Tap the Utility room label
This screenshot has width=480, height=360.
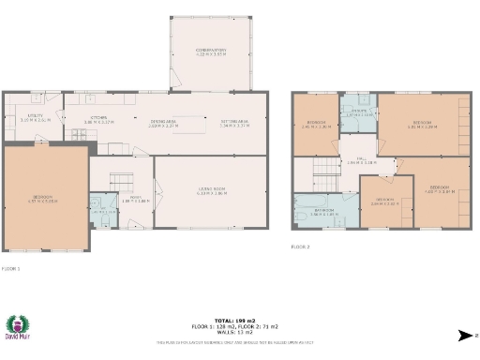point(35,118)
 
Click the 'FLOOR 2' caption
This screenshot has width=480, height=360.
point(300,246)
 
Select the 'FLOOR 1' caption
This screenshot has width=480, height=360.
point(10,269)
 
